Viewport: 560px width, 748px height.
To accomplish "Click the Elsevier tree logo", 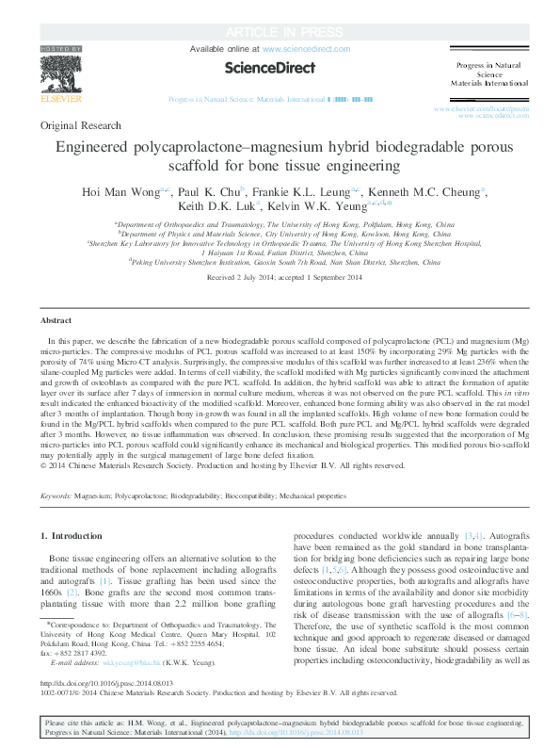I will pos(61,72).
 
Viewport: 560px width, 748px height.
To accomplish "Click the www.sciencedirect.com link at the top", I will pos(306,47).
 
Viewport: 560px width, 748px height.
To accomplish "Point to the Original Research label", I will pos(81,125).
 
